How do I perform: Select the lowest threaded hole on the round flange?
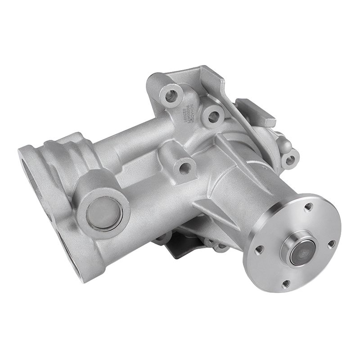tap(284, 283)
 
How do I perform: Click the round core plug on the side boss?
tap(104, 213)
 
